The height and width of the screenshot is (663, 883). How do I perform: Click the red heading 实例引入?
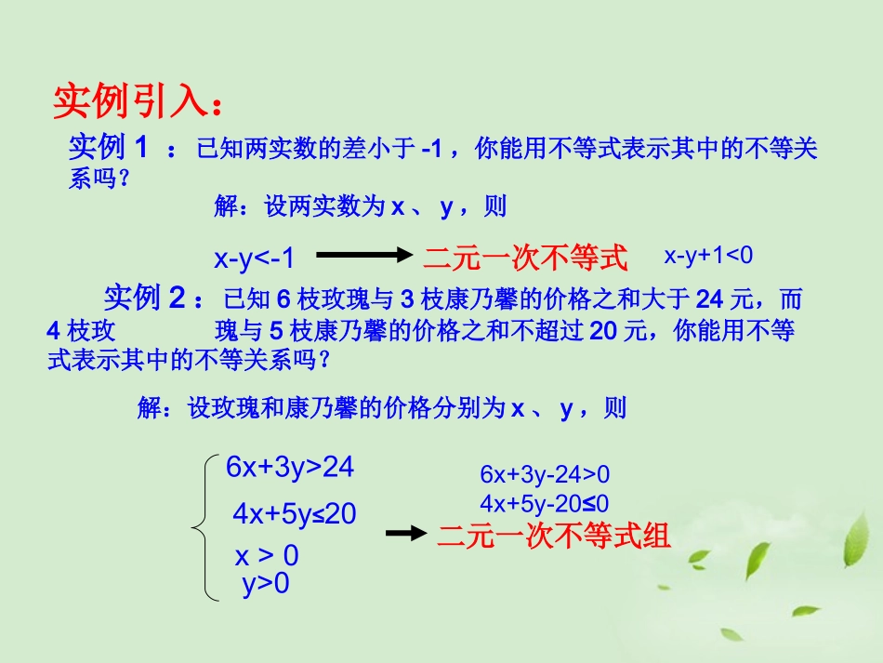(x=138, y=102)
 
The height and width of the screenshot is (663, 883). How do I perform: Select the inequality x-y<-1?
(x=254, y=259)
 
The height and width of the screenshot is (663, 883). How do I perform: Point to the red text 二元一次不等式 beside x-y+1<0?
(x=526, y=258)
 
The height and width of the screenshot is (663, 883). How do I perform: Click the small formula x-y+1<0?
(x=708, y=255)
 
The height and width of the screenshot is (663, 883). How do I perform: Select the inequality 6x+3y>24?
(x=290, y=467)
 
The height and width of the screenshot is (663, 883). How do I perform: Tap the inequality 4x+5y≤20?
(x=295, y=513)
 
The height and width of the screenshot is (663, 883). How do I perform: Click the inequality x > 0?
(x=267, y=556)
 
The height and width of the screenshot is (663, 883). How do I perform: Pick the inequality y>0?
(x=266, y=584)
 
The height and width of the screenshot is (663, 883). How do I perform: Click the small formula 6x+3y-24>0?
(x=545, y=474)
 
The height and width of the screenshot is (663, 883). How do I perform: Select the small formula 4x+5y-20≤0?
(x=545, y=503)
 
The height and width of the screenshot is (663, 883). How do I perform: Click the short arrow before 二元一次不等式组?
(x=405, y=533)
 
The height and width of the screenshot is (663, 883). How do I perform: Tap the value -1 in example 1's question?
(x=430, y=148)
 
